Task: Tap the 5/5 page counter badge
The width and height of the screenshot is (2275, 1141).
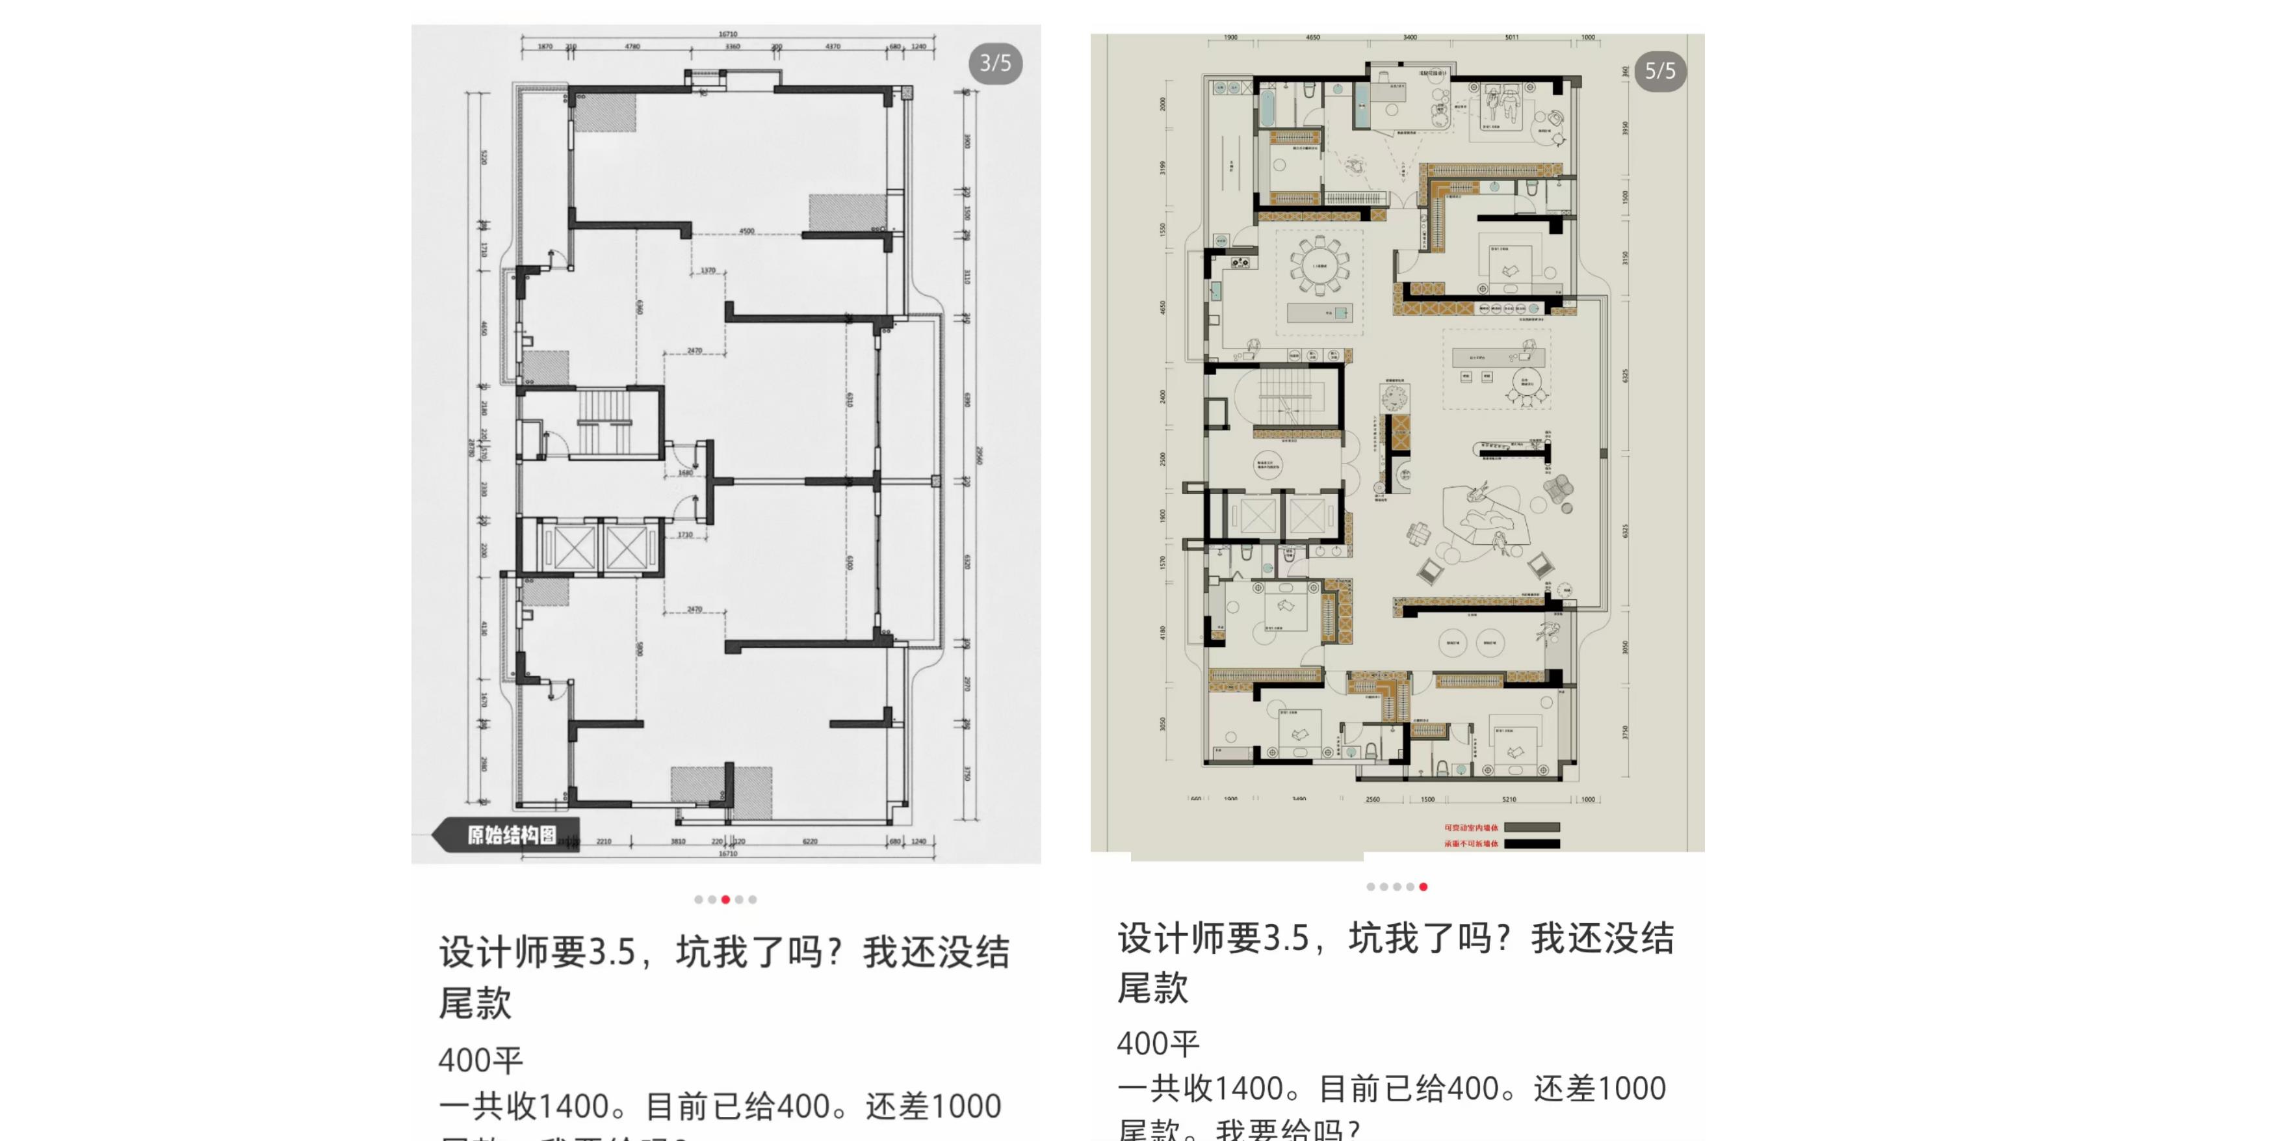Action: click(1659, 72)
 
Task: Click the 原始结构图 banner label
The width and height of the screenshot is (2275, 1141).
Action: click(512, 835)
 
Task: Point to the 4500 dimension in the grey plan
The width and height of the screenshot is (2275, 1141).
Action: click(747, 231)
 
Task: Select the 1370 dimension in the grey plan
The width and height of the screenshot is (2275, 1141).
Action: click(708, 270)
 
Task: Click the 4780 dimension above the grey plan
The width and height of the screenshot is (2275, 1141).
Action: click(632, 46)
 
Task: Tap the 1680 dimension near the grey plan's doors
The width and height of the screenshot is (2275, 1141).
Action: click(685, 473)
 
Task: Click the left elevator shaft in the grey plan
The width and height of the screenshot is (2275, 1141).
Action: click(573, 549)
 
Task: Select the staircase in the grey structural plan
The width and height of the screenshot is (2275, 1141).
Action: click(606, 422)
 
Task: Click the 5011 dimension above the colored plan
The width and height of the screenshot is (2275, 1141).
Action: click(1512, 38)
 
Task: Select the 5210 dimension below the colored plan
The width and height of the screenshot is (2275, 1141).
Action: click(1509, 799)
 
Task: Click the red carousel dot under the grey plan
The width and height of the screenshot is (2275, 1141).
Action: click(726, 900)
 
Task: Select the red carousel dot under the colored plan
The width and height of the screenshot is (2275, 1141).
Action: click(1423, 887)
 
